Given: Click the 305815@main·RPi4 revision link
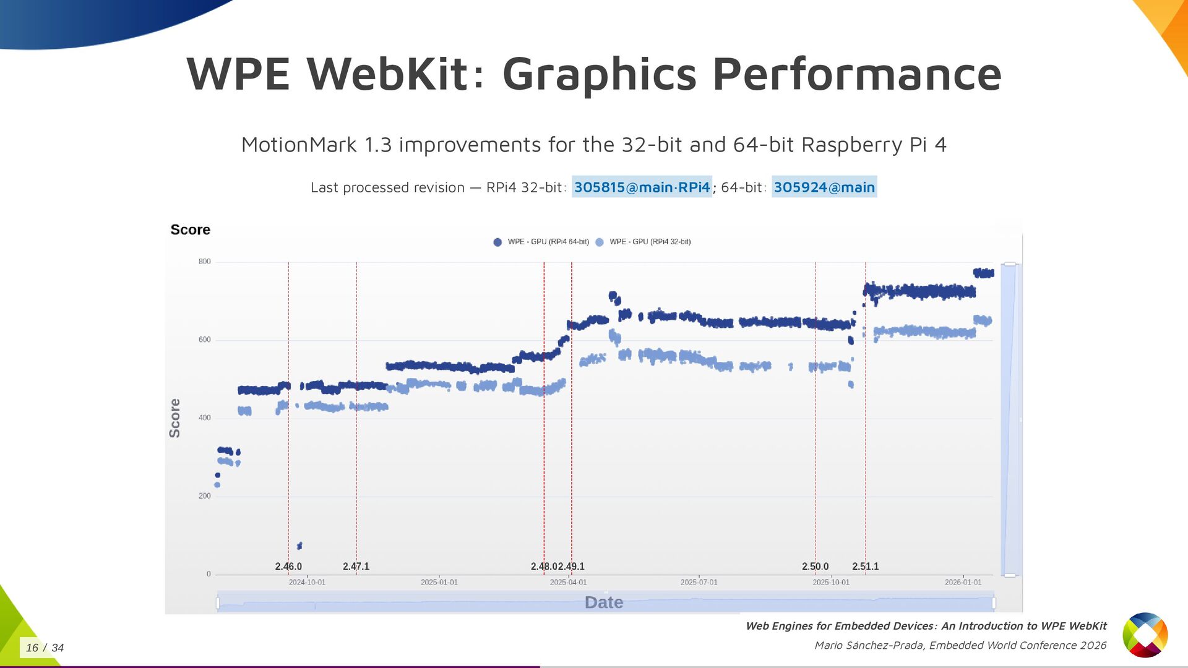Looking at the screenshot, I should tap(642, 187).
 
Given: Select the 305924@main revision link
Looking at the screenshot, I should tap(824, 187).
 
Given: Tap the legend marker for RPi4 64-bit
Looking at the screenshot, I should tap(497, 242).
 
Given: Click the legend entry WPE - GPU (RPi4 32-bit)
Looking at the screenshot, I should tap(650, 242).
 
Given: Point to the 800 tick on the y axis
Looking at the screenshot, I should tap(204, 262).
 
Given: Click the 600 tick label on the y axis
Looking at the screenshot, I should tap(204, 340).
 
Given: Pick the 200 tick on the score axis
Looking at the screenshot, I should tap(204, 496).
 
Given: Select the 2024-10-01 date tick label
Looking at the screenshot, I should tap(307, 582).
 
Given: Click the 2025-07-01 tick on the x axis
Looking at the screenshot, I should tap(699, 582).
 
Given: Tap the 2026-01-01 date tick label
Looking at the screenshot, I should tap(963, 582).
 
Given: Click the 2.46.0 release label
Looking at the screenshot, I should tap(288, 567).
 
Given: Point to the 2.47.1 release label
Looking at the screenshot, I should tap(356, 567).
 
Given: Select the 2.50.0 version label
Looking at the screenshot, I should tap(815, 567).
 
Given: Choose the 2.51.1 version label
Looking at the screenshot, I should tap(865, 567).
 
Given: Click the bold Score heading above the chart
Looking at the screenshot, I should tap(190, 229).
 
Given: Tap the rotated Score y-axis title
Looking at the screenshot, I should tap(175, 418).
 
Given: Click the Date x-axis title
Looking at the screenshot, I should tap(603, 602).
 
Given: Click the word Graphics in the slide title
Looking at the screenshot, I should tap(599, 74).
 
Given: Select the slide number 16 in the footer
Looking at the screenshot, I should tap(32, 648).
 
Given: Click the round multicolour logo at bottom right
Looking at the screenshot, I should tap(1145, 635).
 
